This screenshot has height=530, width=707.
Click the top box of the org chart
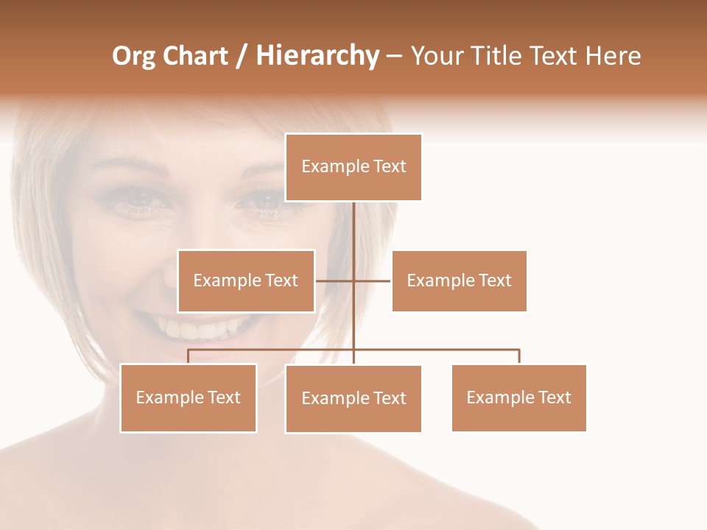point(353,167)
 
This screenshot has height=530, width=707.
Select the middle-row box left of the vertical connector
point(246,280)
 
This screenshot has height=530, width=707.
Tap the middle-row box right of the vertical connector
point(459,280)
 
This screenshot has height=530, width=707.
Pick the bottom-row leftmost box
point(189,397)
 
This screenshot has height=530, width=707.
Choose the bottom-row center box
point(353,398)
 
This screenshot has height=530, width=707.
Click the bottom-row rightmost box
point(518,397)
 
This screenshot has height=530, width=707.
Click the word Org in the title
point(133,57)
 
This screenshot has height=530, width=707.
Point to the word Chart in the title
point(194,57)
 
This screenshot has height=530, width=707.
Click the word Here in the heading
point(613,57)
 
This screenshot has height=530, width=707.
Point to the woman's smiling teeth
point(199,326)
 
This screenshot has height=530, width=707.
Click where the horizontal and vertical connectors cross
point(353,280)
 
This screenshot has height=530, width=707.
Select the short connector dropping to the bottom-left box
point(189,356)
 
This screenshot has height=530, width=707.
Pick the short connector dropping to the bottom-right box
point(519,356)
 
